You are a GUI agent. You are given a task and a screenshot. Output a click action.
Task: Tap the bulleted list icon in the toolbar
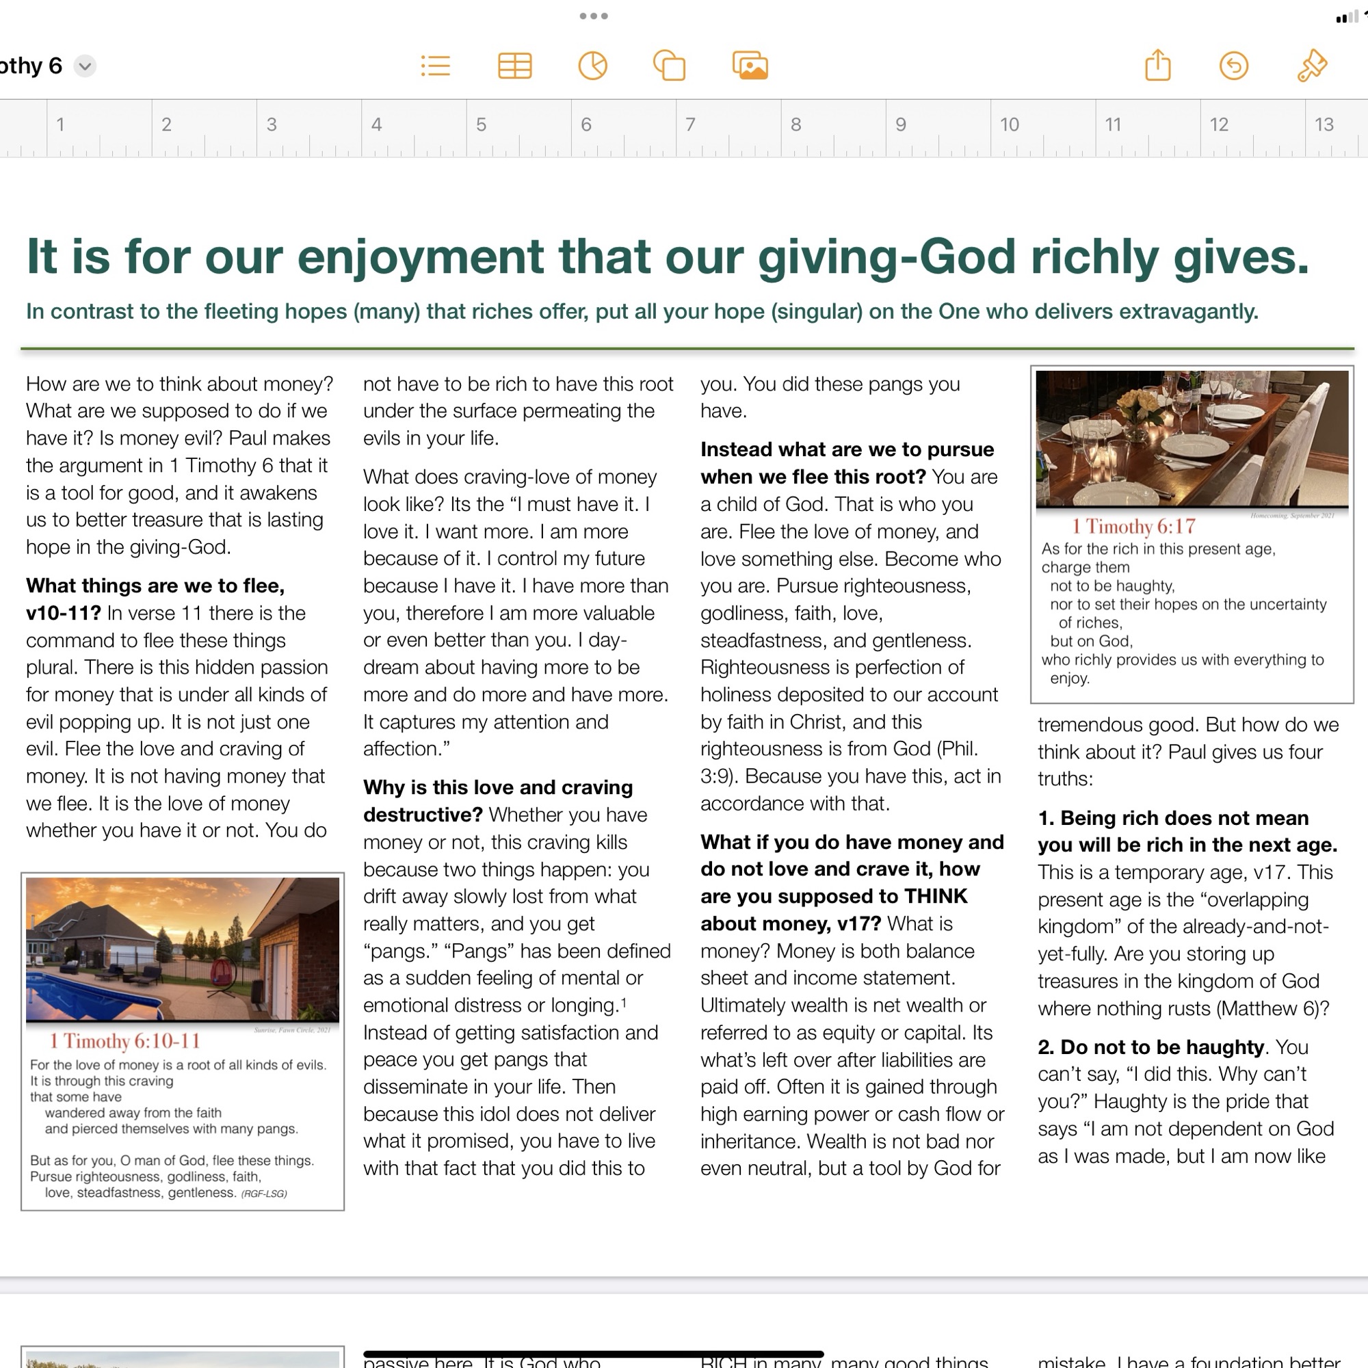click(436, 66)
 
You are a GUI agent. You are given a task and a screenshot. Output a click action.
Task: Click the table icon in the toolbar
click(515, 66)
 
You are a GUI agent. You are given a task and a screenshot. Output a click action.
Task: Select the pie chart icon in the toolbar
click(592, 66)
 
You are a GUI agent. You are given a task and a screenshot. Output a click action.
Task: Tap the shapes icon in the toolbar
click(669, 66)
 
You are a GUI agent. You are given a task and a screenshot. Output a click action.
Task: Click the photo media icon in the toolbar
click(750, 66)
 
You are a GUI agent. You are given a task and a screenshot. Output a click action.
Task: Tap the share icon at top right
click(1158, 66)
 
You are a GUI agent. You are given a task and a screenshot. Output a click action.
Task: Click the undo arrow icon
click(1233, 66)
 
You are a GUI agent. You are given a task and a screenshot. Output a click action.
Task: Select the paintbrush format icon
click(1311, 66)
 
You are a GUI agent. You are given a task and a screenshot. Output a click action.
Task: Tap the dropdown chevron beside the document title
click(85, 66)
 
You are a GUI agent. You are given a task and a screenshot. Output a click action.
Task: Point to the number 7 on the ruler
click(690, 124)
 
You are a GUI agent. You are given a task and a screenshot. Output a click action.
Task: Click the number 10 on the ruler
click(1009, 124)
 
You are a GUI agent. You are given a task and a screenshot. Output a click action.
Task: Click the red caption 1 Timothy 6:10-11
click(124, 1041)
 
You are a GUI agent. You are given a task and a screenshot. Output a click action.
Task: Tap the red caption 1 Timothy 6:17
click(1133, 526)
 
